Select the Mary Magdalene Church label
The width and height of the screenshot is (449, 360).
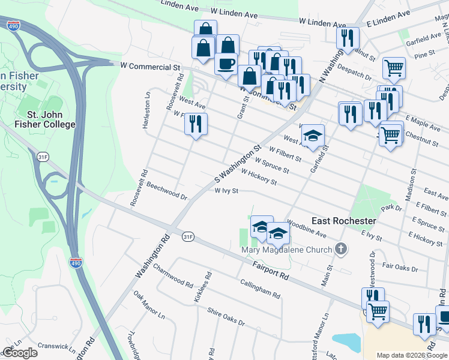pos(286,250)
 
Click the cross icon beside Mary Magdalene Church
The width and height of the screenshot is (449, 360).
pos(341,249)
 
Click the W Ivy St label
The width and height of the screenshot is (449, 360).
pos(227,191)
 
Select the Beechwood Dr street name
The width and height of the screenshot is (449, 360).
pos(167,191)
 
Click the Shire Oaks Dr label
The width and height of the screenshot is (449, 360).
pos(226,317)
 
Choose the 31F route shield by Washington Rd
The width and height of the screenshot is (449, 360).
pos(188,237)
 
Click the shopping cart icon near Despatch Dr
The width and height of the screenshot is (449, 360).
pos(394,68)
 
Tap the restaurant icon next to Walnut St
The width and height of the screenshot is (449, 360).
pos(348,38)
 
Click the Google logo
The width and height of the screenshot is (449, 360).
pos(20,353)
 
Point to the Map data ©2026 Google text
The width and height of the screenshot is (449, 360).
pos(412,355)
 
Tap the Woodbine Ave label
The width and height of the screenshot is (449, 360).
pos(306,232)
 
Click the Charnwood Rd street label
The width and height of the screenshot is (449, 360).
pos(173,275)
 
